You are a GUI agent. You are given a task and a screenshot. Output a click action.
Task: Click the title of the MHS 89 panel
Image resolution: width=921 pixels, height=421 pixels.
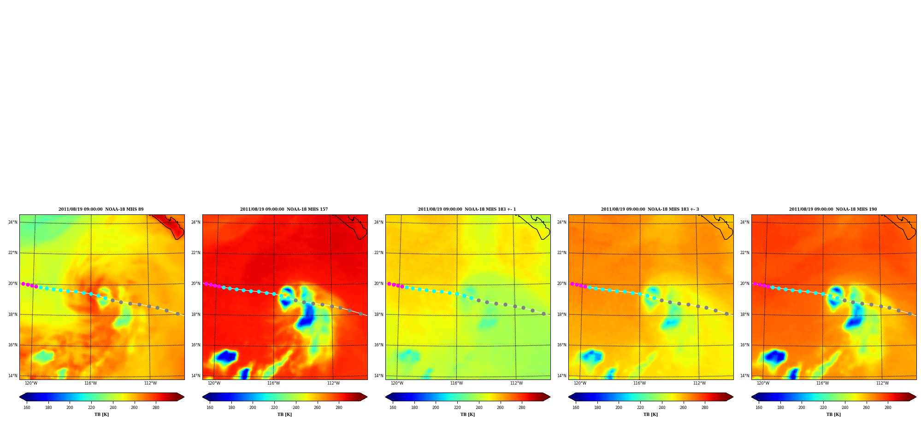coord(101,209)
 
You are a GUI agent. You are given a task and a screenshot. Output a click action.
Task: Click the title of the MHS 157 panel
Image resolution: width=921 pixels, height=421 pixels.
coord(284,209)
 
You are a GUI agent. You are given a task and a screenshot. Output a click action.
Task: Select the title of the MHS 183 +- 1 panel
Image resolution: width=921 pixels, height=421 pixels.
coord(467,209)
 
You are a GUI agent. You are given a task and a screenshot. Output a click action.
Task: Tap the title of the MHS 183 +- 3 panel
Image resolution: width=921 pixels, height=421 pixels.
coord(650,209)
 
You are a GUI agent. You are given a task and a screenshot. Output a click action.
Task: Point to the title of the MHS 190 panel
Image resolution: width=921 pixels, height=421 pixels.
coord(833,209)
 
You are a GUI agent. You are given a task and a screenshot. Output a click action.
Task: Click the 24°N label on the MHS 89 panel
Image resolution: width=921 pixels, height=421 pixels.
coord(13,222)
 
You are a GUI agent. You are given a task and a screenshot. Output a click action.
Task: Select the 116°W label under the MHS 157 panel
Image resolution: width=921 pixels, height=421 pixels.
coord(274,383)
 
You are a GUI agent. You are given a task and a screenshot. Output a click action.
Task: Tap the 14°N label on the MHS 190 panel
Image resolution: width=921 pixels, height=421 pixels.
coord(745,376)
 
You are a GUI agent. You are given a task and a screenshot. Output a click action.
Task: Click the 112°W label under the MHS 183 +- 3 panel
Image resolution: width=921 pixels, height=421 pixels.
coord(699,383)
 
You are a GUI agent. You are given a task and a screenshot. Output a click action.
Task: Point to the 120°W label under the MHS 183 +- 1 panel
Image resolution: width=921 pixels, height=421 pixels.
coord(397,383)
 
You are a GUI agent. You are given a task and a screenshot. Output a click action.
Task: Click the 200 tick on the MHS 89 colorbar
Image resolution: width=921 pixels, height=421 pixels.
coord(70,408)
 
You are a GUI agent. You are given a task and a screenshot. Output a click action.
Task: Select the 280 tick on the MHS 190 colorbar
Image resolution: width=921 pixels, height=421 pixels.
coord(888,408)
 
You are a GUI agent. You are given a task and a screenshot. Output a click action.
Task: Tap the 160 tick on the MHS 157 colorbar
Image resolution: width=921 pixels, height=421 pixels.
coord(210,408)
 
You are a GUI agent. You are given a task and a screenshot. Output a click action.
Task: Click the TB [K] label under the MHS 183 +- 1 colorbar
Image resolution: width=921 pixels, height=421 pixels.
coord(467,415)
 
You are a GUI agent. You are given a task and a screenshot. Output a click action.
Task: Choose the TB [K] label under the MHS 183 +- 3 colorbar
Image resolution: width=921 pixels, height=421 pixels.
coord(650,415)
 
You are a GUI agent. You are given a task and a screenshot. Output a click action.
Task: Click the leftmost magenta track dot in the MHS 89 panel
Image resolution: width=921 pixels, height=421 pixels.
coord(23,284)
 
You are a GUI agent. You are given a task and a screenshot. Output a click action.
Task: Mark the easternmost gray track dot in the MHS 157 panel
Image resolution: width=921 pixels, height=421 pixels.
coord(360,314)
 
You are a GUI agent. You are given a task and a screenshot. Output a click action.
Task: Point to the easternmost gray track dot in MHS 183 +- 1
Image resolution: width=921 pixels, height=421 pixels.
coord(543,314)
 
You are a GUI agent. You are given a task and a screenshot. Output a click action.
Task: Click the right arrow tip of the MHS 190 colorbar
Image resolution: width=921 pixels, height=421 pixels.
coord(916,397)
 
